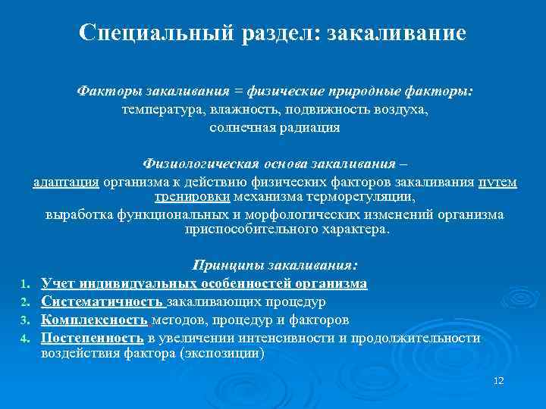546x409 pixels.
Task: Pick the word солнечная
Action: (243, 128)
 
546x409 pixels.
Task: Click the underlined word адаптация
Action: (66, 182)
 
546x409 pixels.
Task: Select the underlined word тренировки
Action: (193, 197)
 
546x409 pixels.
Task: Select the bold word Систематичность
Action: (96, 301)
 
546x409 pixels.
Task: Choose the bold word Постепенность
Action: (93, 338)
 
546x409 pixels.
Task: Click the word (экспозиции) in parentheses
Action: (226, 353)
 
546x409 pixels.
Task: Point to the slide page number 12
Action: (498, 379)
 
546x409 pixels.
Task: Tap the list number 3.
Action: (24, 320)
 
